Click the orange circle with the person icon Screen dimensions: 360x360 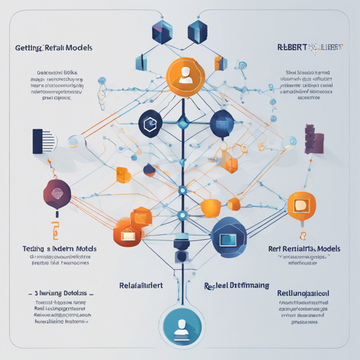(185, 75)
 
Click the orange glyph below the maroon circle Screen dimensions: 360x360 (53, 231)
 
